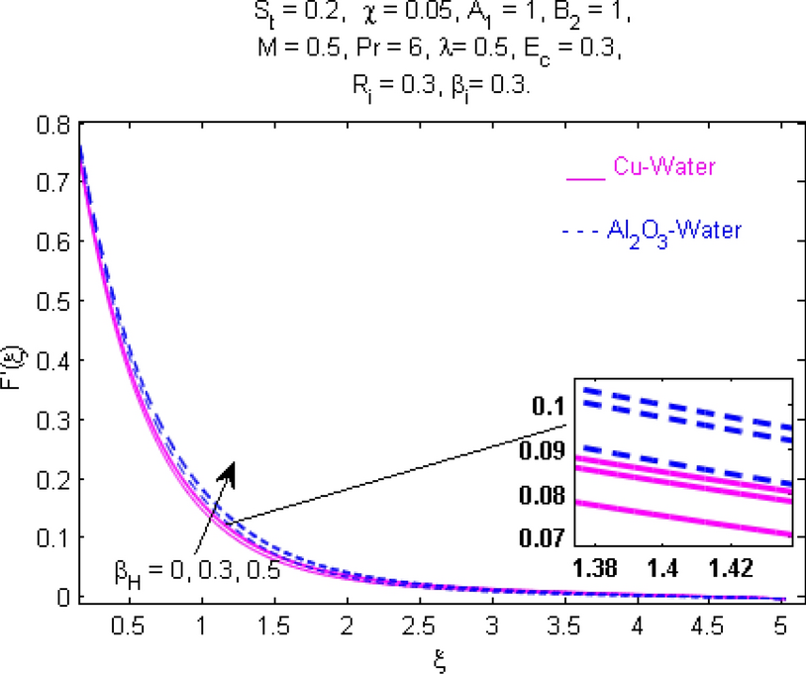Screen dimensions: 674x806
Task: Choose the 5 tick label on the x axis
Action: click(780, 627)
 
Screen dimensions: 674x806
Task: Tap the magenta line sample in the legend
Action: click(583, 178)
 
